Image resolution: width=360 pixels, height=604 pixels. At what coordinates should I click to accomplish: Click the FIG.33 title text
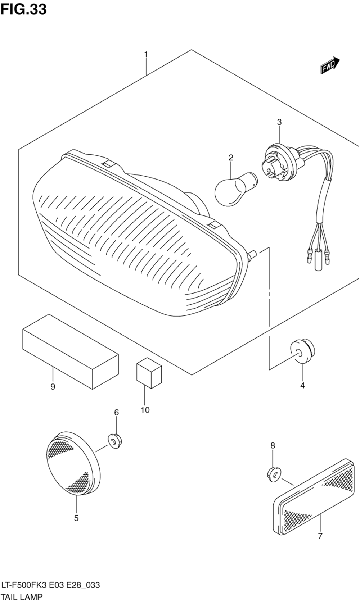tap(23, 9)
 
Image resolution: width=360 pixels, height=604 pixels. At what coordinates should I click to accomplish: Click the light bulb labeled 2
tap(235, 188)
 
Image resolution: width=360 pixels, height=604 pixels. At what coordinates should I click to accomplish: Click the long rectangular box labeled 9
tap(71, 352)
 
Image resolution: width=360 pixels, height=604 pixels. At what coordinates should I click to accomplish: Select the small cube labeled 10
tap(149, 373)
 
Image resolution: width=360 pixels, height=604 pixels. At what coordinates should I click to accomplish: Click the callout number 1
tap(146, 54)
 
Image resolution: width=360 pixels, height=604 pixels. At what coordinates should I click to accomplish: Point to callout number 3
tap(279, 122)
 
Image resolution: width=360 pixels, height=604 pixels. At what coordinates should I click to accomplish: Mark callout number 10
tap(145, 410)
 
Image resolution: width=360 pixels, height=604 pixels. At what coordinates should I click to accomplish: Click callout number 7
tap(320, 536)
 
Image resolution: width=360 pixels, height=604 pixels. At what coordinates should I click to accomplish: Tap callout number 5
tap(76, 518)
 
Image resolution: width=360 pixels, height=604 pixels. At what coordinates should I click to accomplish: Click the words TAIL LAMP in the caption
tap(22, 597)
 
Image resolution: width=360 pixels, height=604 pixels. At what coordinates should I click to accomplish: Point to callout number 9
tap(53, 387)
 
